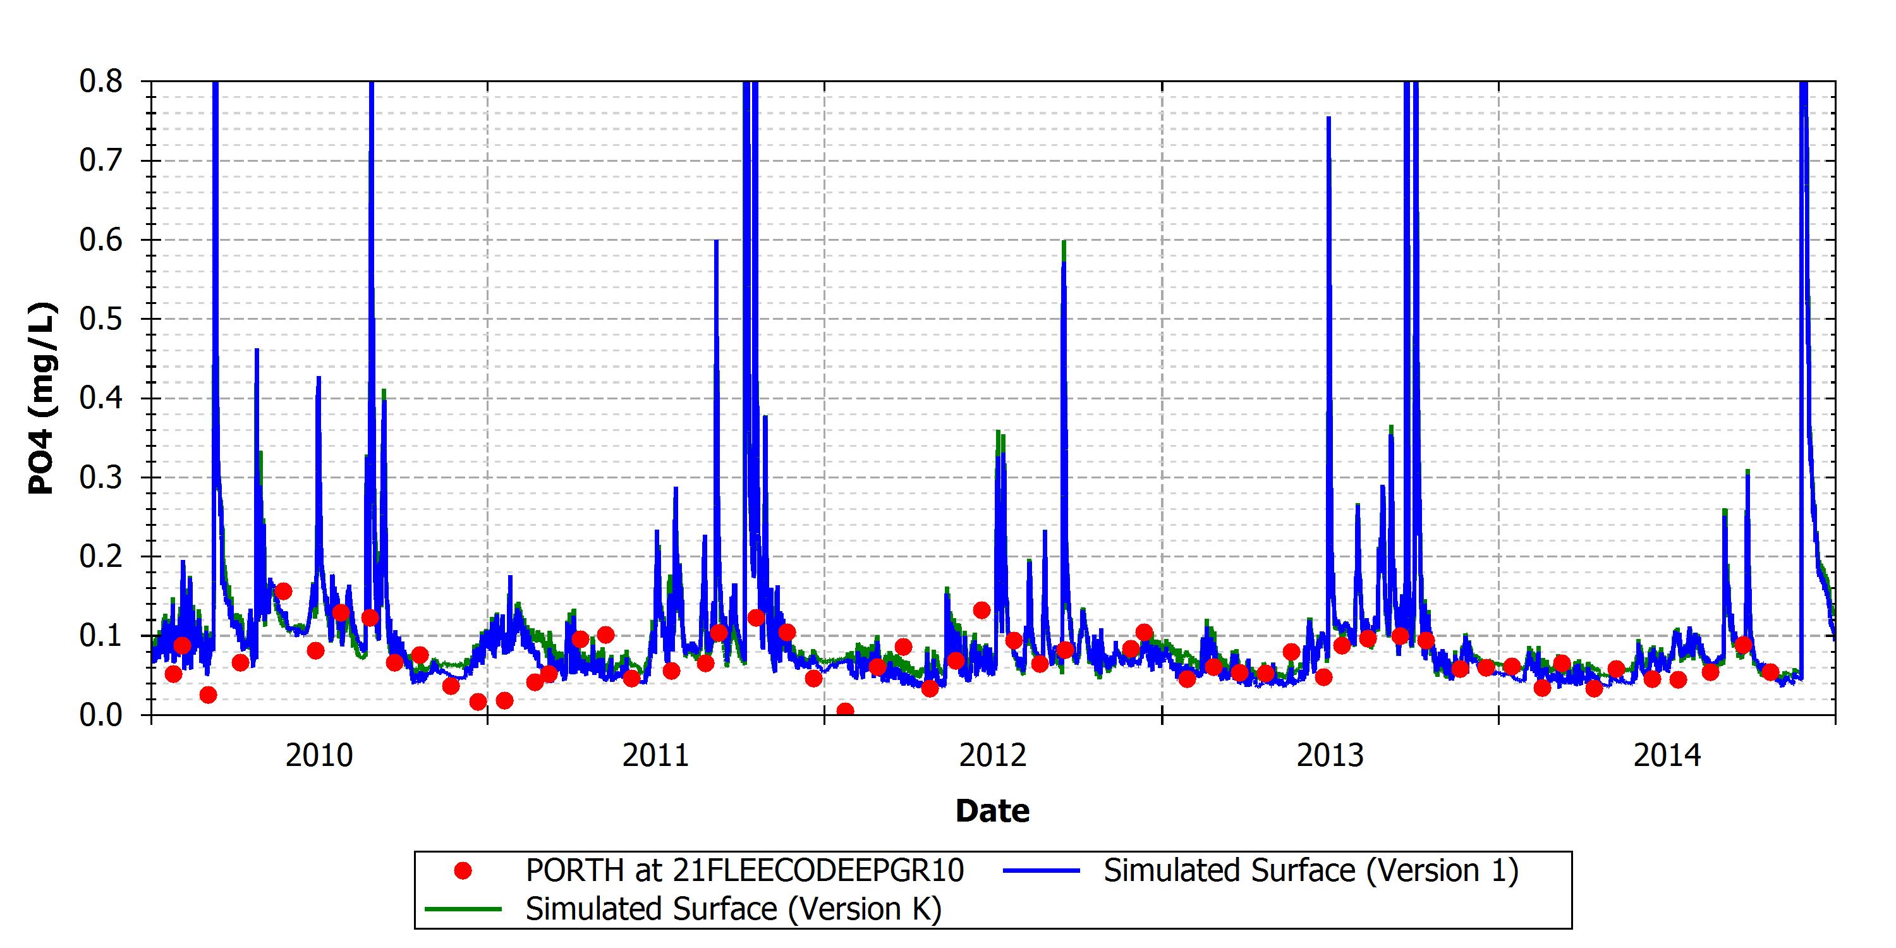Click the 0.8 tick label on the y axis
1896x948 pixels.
pyautogui.click(x=101, y=82)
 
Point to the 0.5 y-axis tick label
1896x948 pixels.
pyautogui.click(x=101, y=319)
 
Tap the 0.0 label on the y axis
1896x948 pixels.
pyautogui.click(x=101, y=715)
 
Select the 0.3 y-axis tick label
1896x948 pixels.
pyautogui.click(x=101, y=478)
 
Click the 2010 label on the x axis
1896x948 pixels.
pyautogui.click(x=319, y=755)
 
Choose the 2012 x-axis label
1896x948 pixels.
pyautogui.click(x=993, y=755)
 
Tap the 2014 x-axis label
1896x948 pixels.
pyautogui.click(x=1667, y=755)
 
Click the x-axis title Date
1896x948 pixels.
pyautogui.click(x=992, y=810)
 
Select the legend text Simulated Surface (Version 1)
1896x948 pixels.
pyautogui.click(x=1311, y=871)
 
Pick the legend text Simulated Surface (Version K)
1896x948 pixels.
pyautogui.click(x=733, y=909)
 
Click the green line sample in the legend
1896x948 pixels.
pyautogui.click(x=464, y=909)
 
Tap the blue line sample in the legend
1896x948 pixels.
pyautogui.click(x=1042, y=871)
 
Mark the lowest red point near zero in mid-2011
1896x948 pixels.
pyautogui.click(x=845, y=710)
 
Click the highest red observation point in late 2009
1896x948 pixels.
pyautogui.click(x=283, y=591)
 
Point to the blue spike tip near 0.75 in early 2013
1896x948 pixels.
pyautogui.click(x=1328, y=117)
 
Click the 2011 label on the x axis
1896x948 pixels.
pyautogui.click(x=656, y=755)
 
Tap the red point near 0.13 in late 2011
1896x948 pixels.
pyautogui.click(x=981, y=610)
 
